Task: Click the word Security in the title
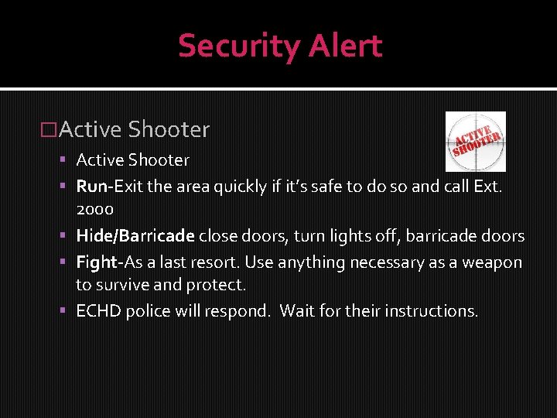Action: coord(228,46)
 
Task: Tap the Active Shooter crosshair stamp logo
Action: coord(475,142)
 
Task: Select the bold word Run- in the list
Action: coord(95,186)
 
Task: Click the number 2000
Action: coord(94,209)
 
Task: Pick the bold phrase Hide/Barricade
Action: coord(135,236)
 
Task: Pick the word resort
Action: coord(211,262)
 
